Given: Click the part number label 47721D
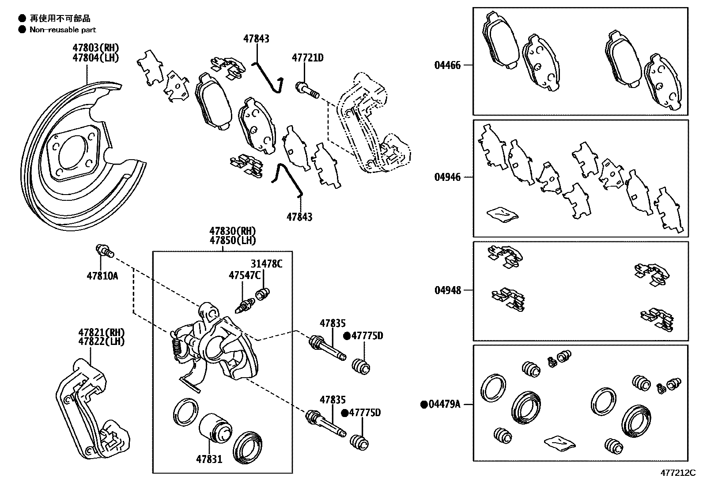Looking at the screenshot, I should [x=307, y=57].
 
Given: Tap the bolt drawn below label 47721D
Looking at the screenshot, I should [x=307, y=90].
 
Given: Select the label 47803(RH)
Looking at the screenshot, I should [x=96, y=48].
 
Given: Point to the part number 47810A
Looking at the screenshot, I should [x=102, y=276].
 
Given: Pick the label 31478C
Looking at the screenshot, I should [x=266, y=264].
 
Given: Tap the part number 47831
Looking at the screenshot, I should [x=209, y=459].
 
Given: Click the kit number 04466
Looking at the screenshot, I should [x=447, y=65].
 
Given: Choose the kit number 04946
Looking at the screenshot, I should [x=447, y=177].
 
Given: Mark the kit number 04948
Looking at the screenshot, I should [x=447, y=290].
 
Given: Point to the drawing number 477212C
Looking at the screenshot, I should [x=678, y=473].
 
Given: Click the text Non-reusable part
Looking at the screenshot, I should [x=63, y=30].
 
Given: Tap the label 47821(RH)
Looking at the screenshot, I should [x=102, y=332].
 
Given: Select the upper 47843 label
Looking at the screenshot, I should [x=256, y=39].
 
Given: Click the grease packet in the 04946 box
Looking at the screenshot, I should [x=502, y=214].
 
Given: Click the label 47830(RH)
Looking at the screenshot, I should [x=233, y=231].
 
